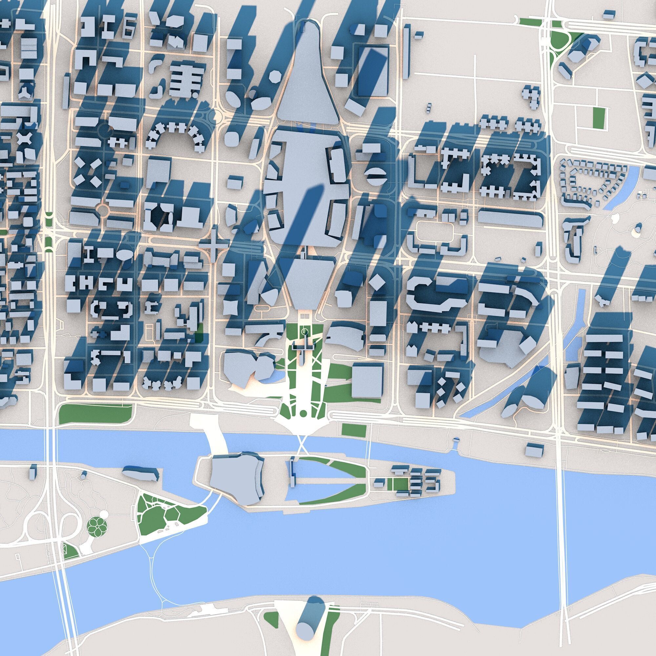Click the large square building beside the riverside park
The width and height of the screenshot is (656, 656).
[367, 381]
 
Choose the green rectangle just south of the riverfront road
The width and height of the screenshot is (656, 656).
[354, 431]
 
